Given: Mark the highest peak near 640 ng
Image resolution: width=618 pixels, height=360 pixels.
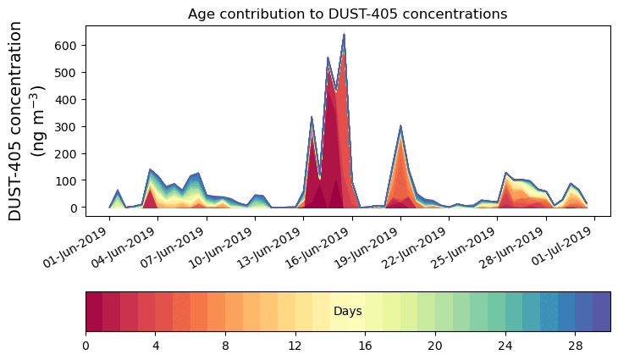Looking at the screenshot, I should [x=344, y=35].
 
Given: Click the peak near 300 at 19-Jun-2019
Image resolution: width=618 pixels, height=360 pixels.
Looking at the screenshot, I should [x=400, y=126].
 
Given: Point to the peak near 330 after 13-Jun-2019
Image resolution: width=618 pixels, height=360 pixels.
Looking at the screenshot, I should [x=312, y=117].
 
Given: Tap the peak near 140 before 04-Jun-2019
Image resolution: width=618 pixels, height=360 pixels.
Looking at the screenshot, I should [x=150, y=169].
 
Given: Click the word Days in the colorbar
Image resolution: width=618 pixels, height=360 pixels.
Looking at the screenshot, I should [x=347, y=312].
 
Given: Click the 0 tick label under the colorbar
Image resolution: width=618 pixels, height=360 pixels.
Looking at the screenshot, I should [x=86, y=346].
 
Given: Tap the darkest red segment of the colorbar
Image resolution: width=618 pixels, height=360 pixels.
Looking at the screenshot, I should [x=94, y=312].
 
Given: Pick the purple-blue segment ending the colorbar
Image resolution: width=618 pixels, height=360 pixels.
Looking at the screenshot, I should [x=601, y=312].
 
